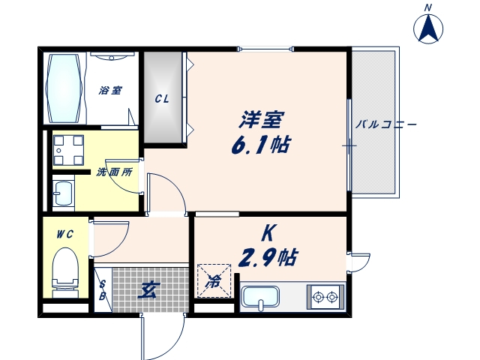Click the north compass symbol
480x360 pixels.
[428, 28]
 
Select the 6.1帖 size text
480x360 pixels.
[260, 144]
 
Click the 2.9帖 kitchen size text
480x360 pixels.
[268, 259]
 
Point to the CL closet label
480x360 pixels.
[162, 98]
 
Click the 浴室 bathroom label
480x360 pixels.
[110, 90]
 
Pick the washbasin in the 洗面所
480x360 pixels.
[62, 193]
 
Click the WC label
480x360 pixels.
[64, 234]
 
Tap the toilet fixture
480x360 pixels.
[65, 269]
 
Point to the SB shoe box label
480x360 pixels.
[103, 289]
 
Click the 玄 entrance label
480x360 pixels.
[146, 287]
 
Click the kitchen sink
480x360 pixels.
[260, 298]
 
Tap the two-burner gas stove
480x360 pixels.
[325, 298]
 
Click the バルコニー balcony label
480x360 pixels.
[385, 124]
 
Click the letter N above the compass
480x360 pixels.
[428, 7]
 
